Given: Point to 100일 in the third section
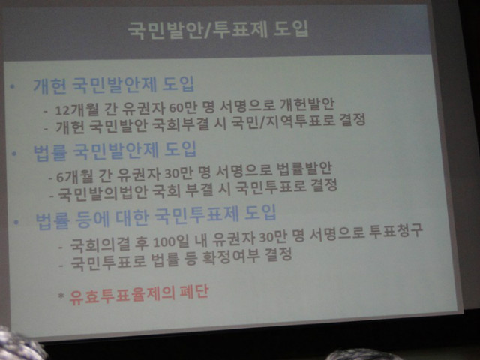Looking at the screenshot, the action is (171, 241).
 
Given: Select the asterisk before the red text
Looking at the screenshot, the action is (61, 295).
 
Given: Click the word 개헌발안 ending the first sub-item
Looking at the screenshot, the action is (307, 105).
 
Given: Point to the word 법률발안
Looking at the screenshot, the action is (304, 169).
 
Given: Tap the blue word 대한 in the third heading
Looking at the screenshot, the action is (132, 218).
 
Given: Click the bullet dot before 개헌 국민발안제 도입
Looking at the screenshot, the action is (12, 87).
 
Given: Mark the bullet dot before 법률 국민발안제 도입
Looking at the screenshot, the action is (14, 153).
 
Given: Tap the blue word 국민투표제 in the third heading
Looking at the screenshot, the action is (196, 215).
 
